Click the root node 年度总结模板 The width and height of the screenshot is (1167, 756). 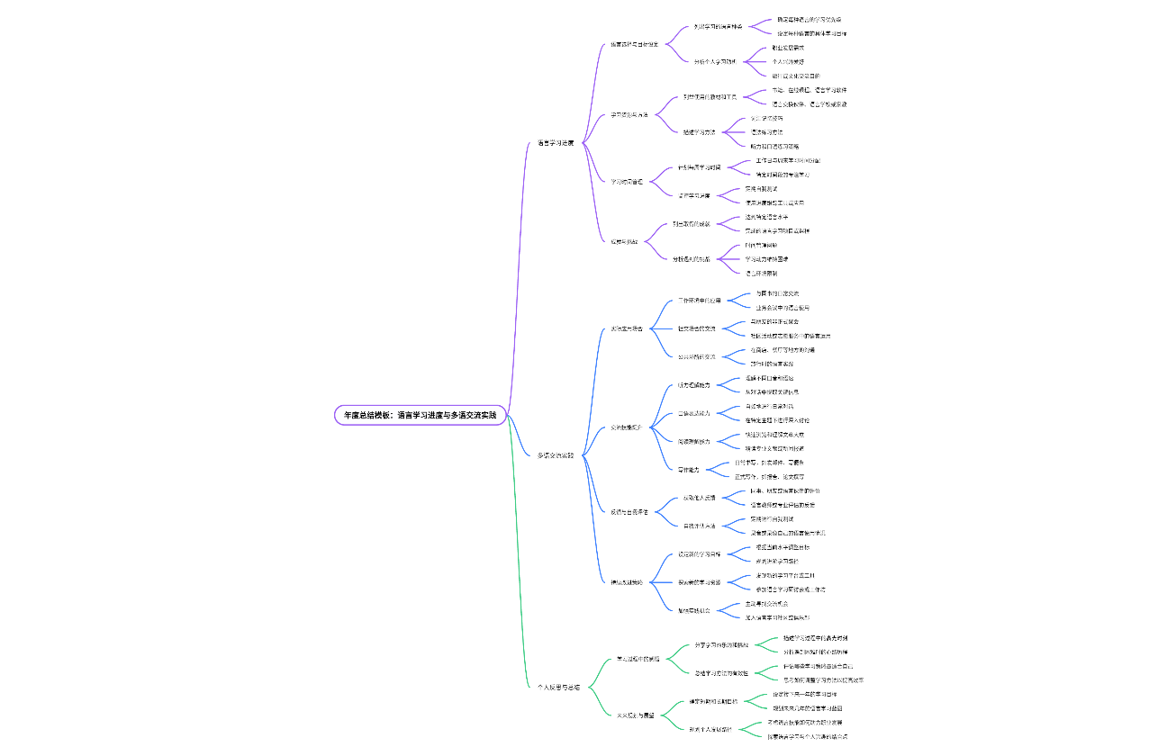point(420,415)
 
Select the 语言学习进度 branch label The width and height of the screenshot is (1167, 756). point(555,142)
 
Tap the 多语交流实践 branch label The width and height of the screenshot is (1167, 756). point(555,455)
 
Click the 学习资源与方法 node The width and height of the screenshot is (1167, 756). point(629,114)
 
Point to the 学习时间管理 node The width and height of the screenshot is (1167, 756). point(628,181)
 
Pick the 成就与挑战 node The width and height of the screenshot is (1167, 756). point(624,241)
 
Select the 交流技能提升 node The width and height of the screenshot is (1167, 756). point(629,427)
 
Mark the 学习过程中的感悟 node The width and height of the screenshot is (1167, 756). point(638,659)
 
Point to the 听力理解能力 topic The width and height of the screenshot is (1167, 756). point(693,385)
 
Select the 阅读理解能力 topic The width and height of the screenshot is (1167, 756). point(693,441)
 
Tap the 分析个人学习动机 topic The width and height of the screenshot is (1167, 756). point(715,61)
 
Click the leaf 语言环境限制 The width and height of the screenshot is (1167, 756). point(761,273)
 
